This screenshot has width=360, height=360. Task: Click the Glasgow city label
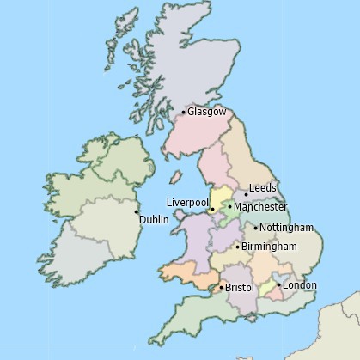click(207, 112)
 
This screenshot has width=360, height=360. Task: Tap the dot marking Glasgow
click(184, 112)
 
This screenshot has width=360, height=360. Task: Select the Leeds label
click(262, 188)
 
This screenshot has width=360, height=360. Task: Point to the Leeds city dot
click(246, 195)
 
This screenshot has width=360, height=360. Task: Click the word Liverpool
click(186, 202)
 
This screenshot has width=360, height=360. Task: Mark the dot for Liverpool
click(211, 209)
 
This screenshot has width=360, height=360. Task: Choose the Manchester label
click(260, 207)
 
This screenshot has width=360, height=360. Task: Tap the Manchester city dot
click(229, 207)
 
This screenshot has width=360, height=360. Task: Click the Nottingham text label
click(287, 228)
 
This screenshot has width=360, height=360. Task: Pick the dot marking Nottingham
click(256, 228)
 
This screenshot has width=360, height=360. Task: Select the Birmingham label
click(269, 247)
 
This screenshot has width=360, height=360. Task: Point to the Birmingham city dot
click(237, 247)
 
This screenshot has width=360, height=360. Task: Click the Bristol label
click(240, 288)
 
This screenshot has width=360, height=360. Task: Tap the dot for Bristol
click(222, 287)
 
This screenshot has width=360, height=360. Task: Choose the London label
click(300, 285)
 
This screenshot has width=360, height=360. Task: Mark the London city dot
click(278, 284)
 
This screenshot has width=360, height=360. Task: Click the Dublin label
click(154, 220)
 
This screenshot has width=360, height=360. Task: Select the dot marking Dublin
click(136, 211)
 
